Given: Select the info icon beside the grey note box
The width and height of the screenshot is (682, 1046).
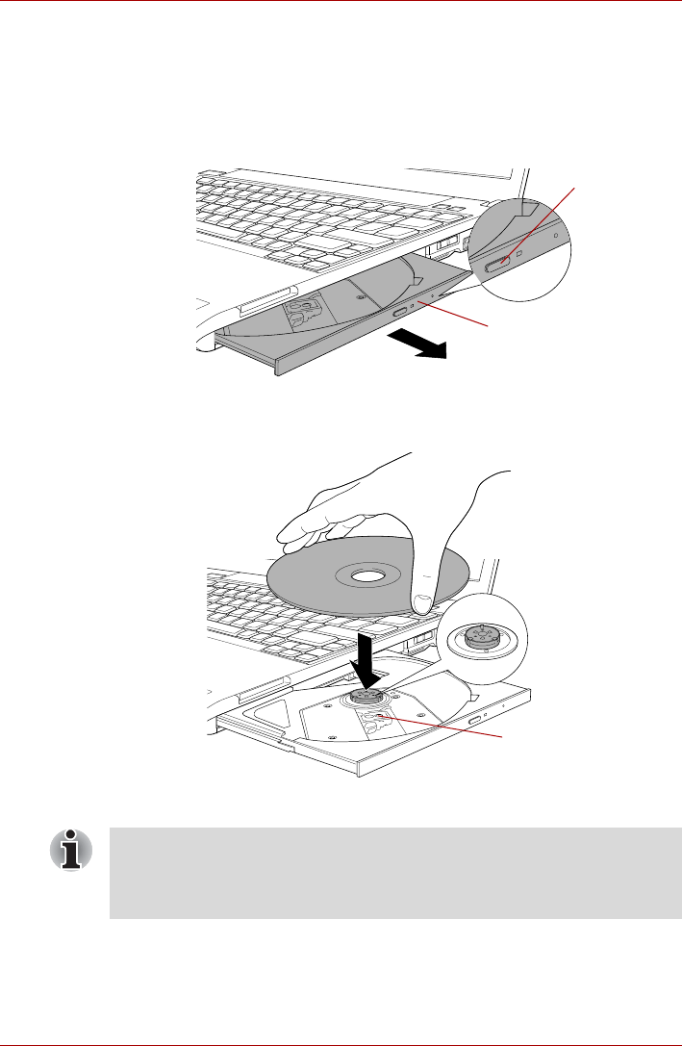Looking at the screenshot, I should [x=71, y=850].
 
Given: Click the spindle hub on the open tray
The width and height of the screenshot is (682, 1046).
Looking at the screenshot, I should [x=366, y=697].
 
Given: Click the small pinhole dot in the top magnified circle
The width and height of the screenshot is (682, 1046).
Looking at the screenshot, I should [x=557, y=234].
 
